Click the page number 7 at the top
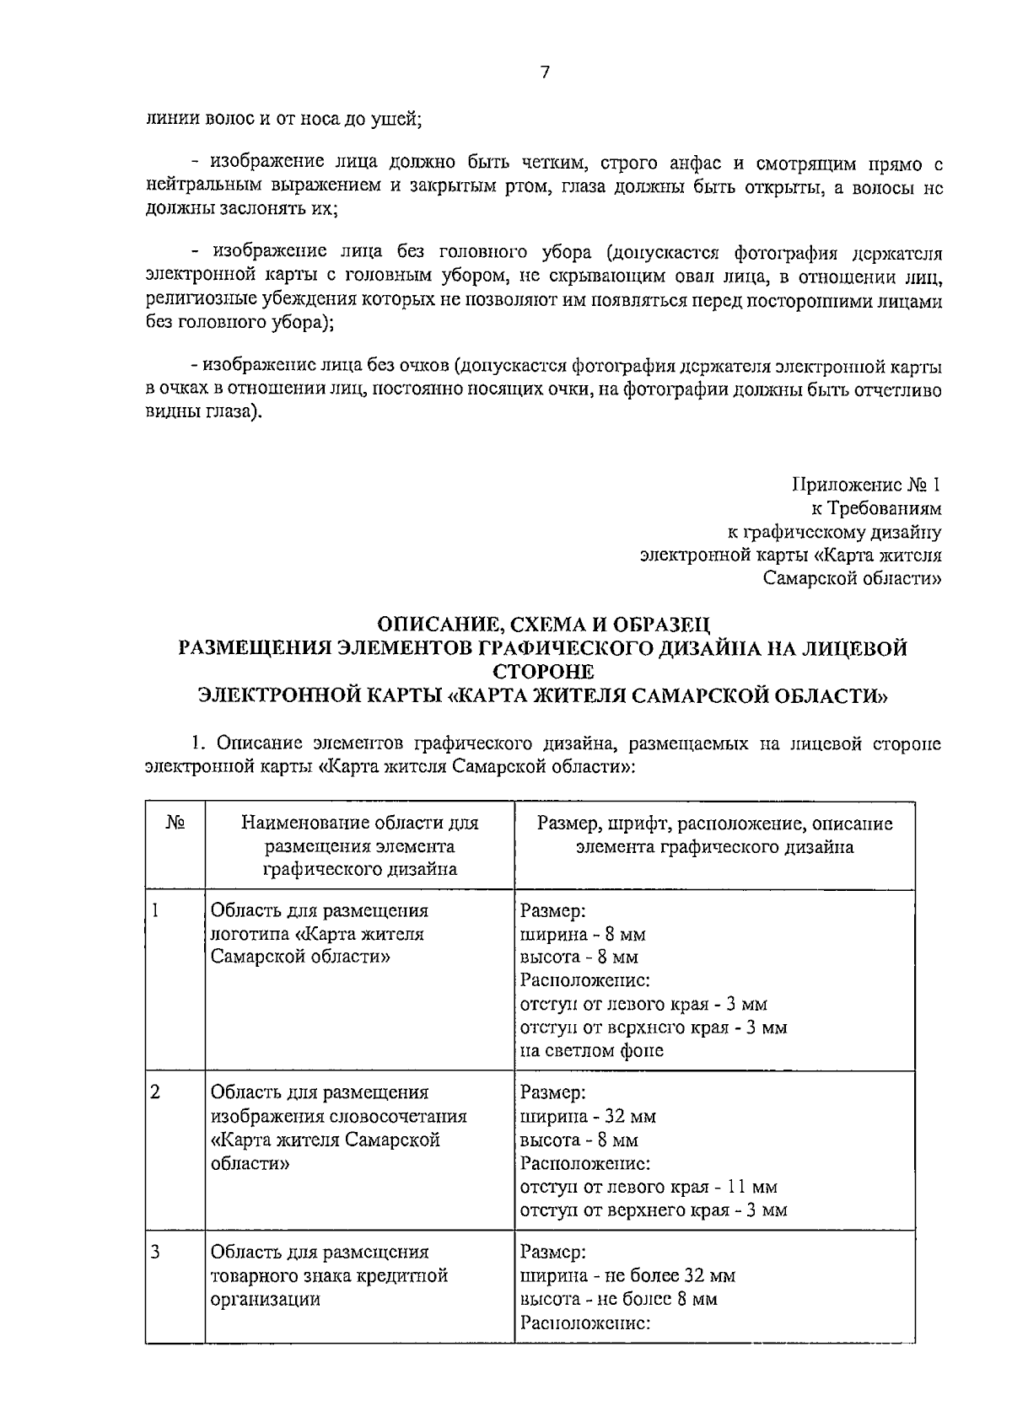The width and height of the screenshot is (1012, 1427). click(x=544, y=73)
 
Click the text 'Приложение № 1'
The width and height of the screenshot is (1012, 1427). click(x=865, y=486)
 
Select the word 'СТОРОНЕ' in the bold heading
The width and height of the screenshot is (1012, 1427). click(x=544, y=672)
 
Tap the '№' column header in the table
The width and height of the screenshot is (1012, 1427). click(x=175, y=823)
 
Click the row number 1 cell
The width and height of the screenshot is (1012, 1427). click(x=155, y=911)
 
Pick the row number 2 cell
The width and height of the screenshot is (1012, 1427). click(x=155, y=1093)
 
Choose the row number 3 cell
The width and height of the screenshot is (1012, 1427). click(x=155, y=1253)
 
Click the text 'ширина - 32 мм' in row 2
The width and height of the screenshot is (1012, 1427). click(x=588, y=1117)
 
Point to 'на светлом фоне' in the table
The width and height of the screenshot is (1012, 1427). click(x=591, y=1050)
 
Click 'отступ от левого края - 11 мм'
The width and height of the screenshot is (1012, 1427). click(x=649, y=1188)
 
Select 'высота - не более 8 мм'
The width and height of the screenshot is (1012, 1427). click(x=618, y=1299)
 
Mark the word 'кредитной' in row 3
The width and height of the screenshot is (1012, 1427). click(x=408, y=1276)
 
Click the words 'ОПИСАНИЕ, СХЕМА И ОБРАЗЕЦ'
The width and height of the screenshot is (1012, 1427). click(x=544, y=625)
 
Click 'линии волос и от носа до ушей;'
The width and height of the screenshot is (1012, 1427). click(x=283, y=119)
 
